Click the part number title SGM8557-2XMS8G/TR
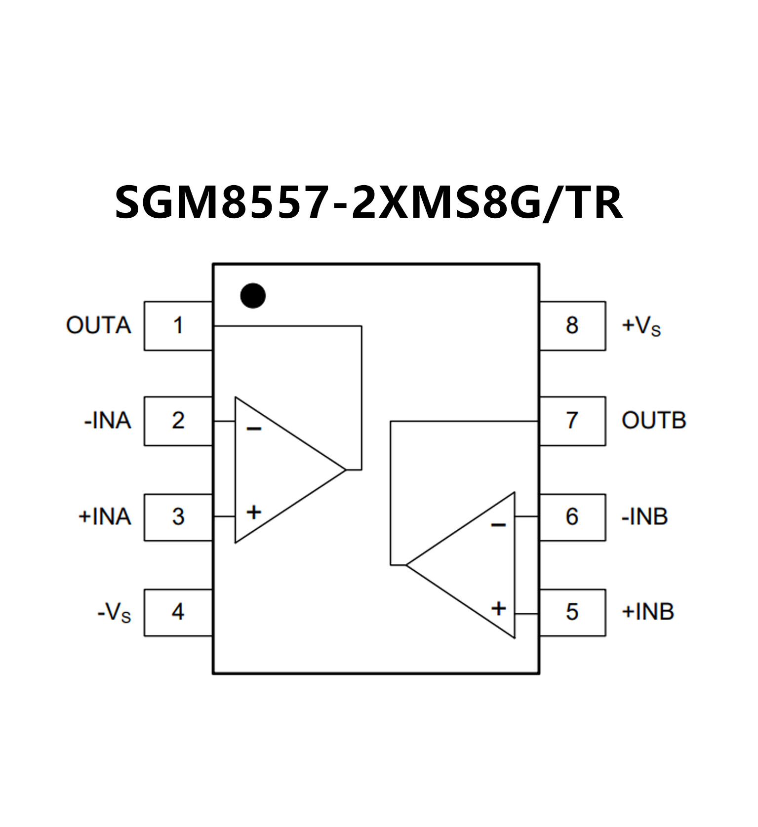tap(368, 202)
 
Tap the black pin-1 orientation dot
tap(253, 296)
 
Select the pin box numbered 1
tap(178, 326)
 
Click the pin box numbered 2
tap(178, 421)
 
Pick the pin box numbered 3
tap(178, 516)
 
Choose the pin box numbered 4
tap(178, 612)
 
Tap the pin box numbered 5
tap(572, 612)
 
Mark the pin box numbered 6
tap(572, 516)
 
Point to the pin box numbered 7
tap(572, 421)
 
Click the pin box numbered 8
tap(572, 326)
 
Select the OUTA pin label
tap(98, 326)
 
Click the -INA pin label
tap(108, 421)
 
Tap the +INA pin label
tap(105, 517)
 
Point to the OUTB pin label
tap(653, 421)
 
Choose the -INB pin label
tap(644, 517)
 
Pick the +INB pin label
tap(647, 612)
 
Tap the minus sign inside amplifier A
tap(254, 429)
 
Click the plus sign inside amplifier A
tap(254, 512)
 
